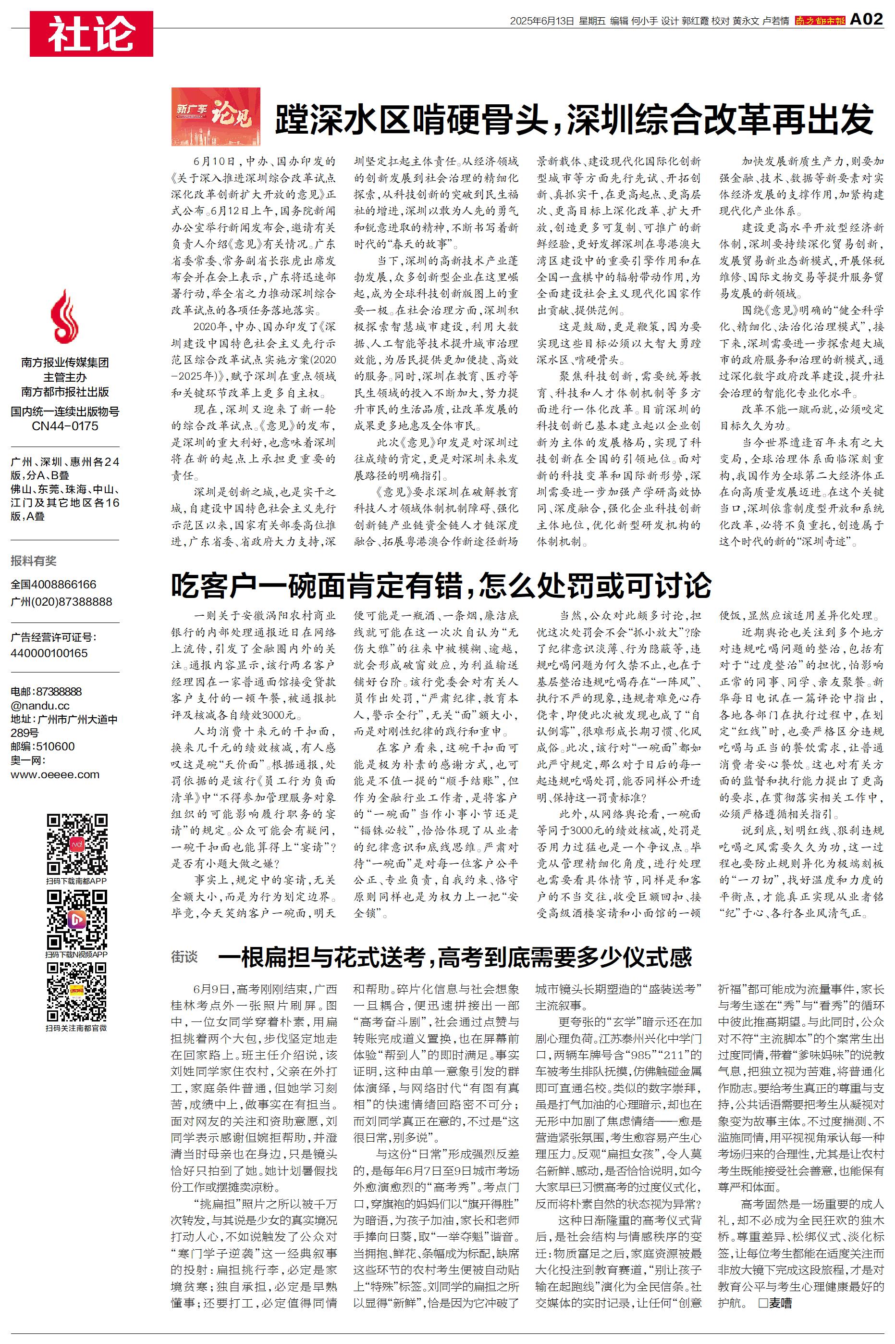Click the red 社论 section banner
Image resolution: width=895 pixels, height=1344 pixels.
coord(91,34)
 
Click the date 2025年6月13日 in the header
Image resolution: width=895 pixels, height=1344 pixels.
coord(541,21)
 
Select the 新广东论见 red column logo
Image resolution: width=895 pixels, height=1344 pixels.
coord(216,116)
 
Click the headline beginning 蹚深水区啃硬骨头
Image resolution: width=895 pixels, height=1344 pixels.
coord(574,119)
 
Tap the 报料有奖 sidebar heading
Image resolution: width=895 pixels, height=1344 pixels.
coord(34,560)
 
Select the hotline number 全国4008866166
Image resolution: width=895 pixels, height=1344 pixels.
coord(54,584)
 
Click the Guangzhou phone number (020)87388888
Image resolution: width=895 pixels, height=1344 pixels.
coord(61,602)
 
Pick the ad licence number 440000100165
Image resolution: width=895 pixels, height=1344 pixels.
coord(49,653)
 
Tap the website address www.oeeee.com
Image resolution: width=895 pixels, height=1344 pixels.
coord(55,774)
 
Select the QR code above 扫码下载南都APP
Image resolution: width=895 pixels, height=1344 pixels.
coord(76,845)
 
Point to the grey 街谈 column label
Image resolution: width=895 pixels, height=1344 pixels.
coord(184,957)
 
